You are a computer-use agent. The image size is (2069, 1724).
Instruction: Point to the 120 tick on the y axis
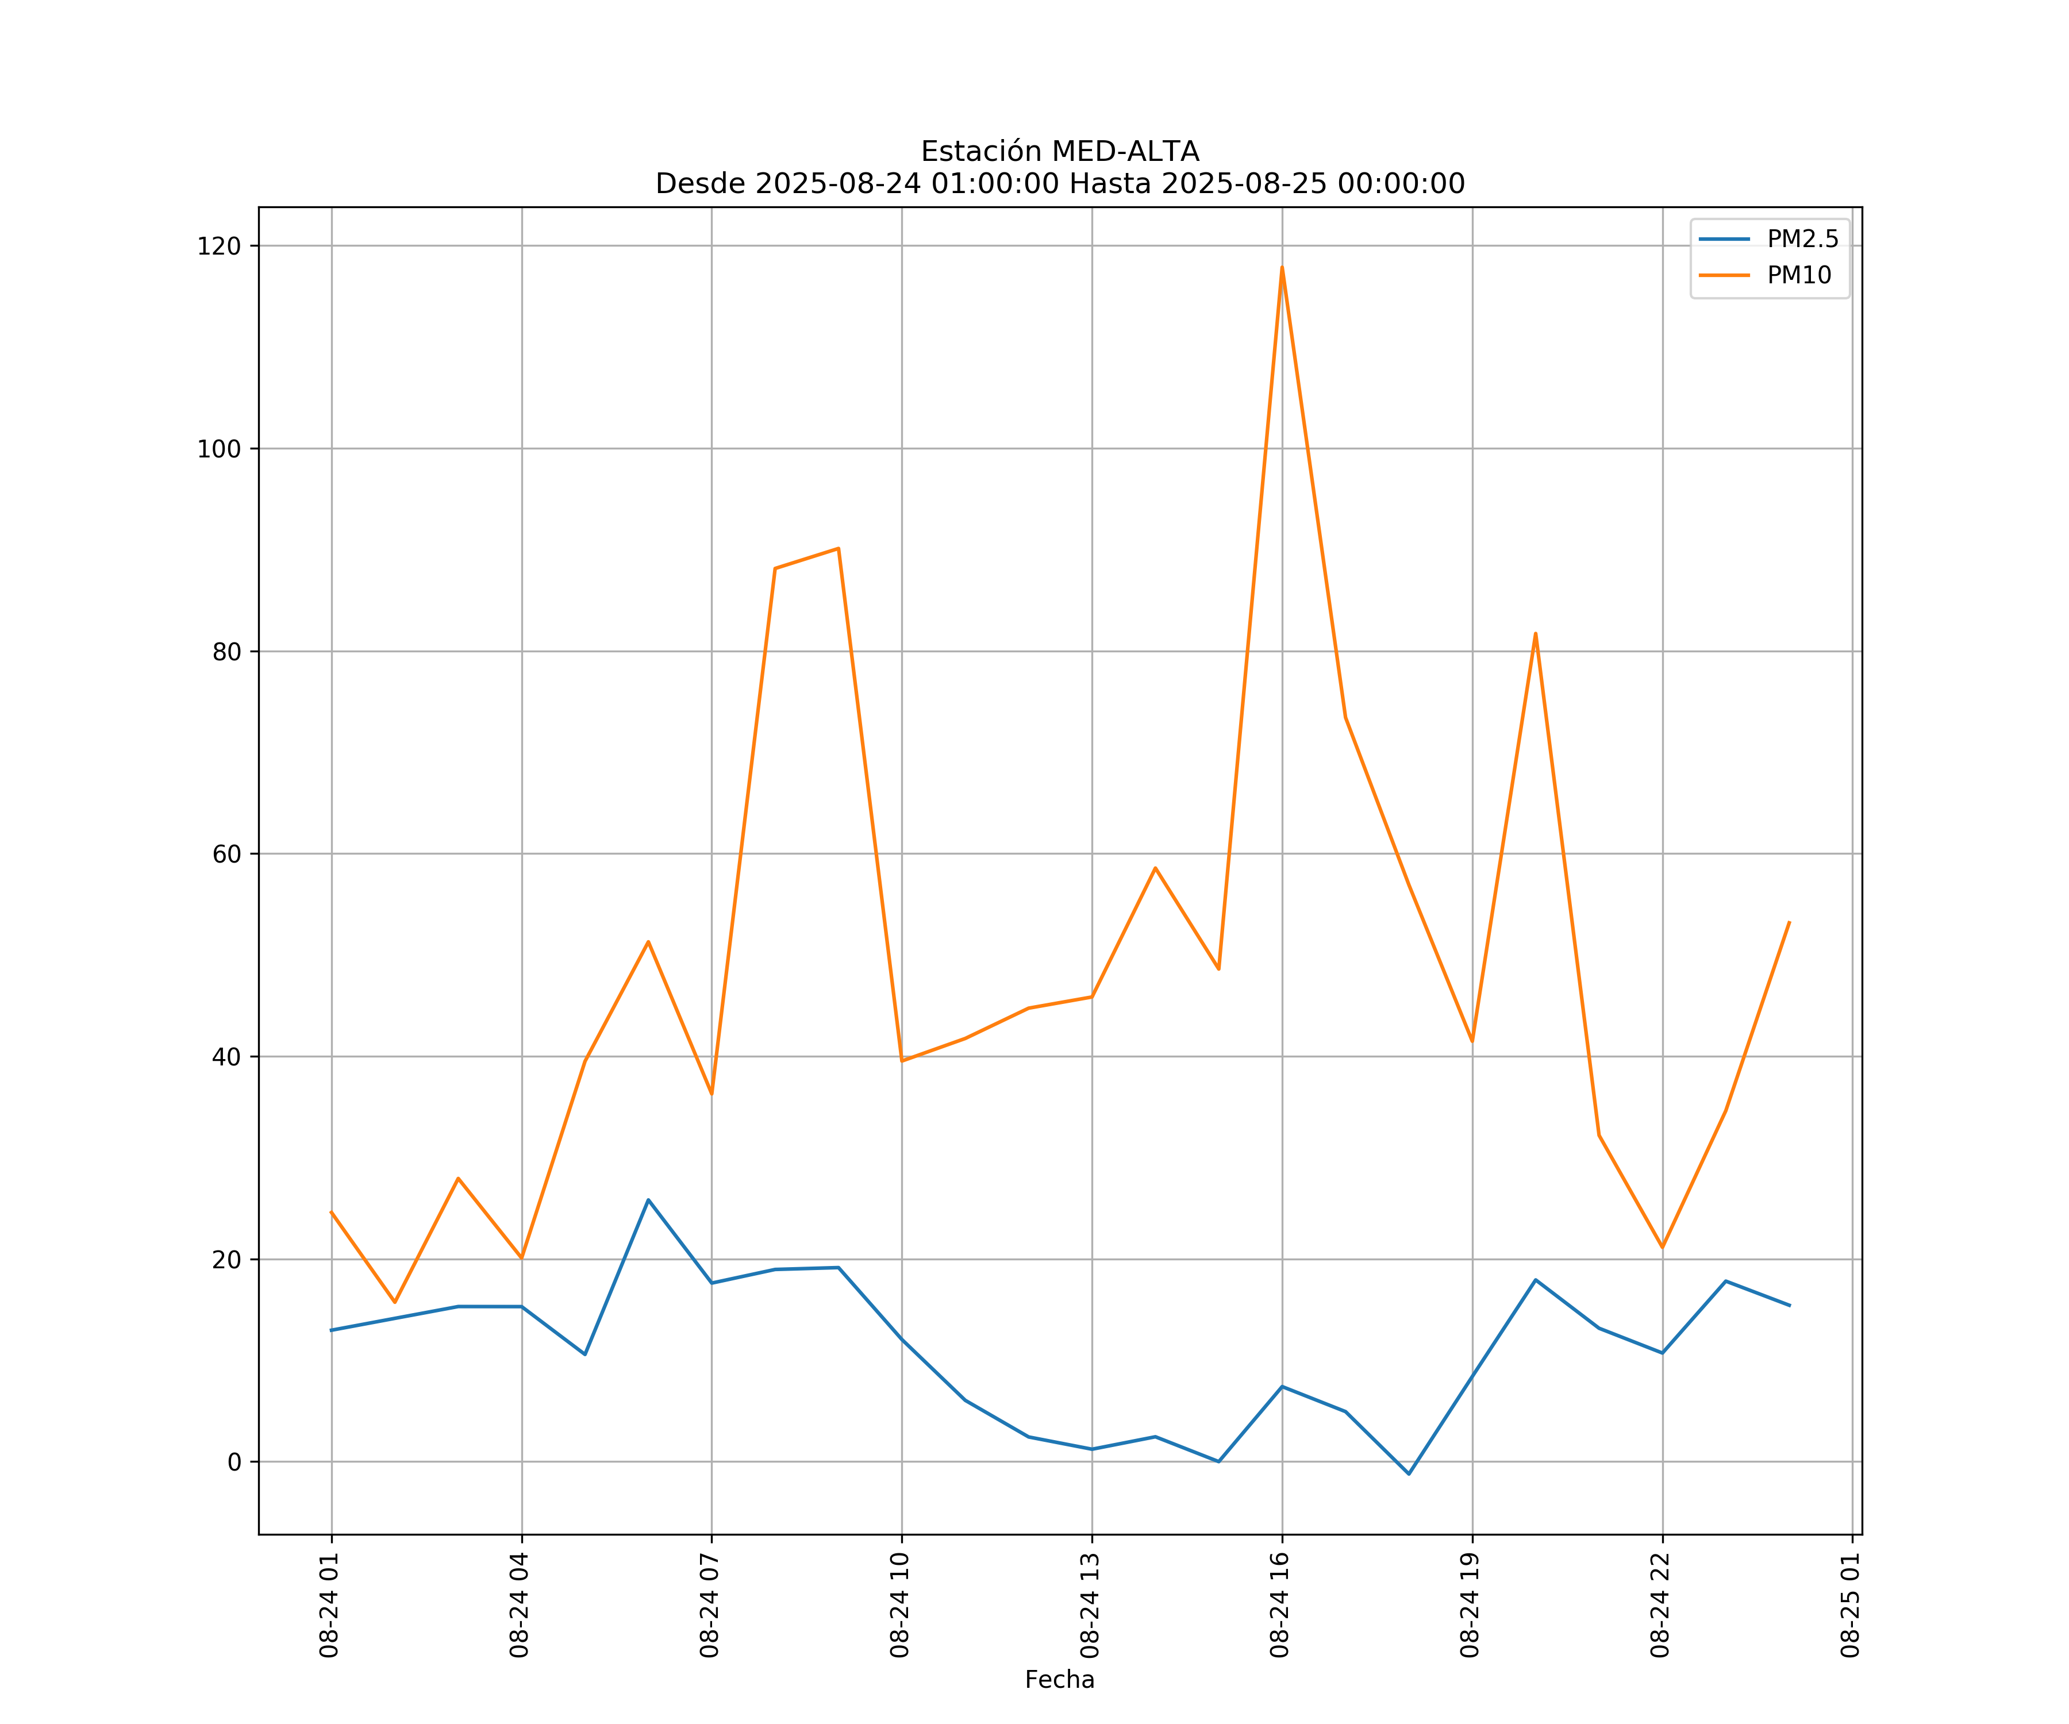click(219, 247)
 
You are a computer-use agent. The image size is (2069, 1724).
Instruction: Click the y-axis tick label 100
click(219, 449)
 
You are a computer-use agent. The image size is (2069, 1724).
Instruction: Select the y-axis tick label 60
click(226, 854)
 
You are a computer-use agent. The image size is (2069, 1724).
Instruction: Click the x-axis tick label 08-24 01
click(329, 1606)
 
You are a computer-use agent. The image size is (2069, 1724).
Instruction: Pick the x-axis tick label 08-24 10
click(899, 1606)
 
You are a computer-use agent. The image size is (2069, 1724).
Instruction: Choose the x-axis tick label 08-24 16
click(1280, 1606)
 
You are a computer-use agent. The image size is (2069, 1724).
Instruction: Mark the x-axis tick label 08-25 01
click(1850, 1606)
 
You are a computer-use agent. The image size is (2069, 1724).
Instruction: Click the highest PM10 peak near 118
click(1282, 267)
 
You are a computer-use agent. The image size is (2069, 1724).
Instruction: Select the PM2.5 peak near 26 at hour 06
click(648, 1200)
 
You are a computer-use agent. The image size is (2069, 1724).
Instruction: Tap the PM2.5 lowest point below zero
click(1409, 1474)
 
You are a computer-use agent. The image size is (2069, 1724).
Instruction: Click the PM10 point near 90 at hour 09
click(839, 549)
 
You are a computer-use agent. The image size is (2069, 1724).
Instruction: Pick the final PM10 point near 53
click(1789, 922)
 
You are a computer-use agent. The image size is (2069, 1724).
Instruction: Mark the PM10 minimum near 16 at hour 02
click(395, 1302)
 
